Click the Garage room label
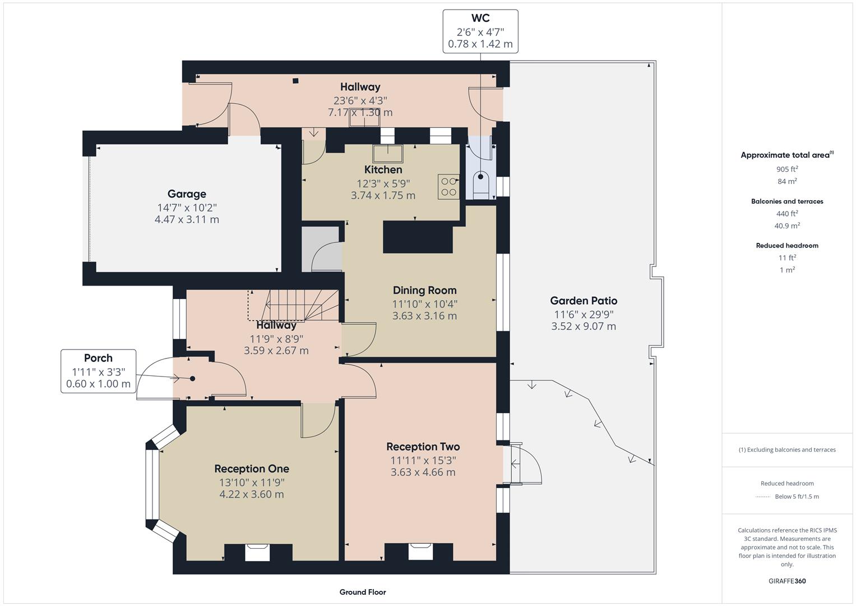187,194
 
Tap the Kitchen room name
383,169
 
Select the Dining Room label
424,290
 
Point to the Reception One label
252,469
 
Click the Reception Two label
423,447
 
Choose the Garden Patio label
584,301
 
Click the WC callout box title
480,19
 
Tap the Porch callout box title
98,358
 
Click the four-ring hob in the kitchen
448,187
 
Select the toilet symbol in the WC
482,184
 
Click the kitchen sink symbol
388,153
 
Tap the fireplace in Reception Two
421,551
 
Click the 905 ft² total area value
787,169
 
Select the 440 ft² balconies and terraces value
787,214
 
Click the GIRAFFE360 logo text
787,581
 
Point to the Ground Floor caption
363,592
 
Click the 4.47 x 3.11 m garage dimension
187,219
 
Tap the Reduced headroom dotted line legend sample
763,497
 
